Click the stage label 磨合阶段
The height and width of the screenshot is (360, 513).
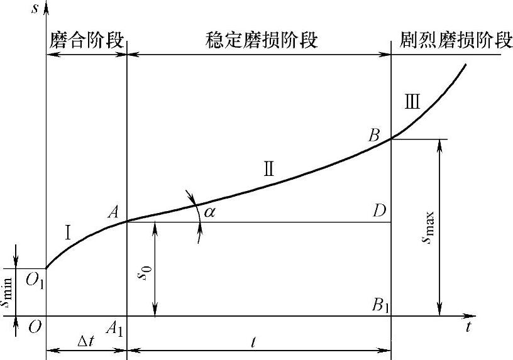(x=86, y=41)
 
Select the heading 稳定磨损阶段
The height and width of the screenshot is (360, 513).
(x=262, y=41)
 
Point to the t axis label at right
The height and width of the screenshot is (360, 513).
(x=468, y=327)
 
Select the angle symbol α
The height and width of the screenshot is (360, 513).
(x=209, y=212)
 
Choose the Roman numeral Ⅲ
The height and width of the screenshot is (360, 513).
(x=412, y=101)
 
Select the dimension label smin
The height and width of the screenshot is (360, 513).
(x=8, y=291)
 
